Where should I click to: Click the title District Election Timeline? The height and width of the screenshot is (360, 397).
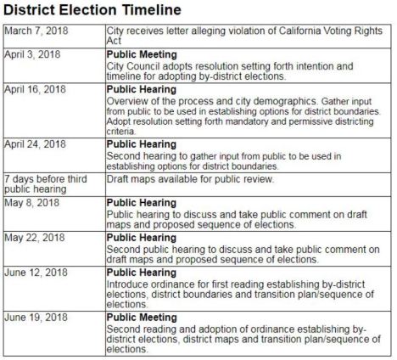[x=92, y=11]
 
